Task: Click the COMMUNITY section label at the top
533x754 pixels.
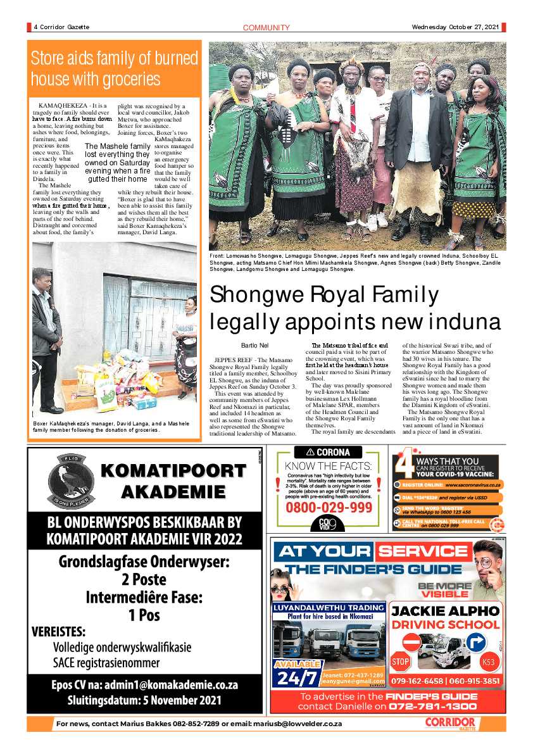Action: [x=266, y=27]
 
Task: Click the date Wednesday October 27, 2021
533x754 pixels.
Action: [x=455, y=27]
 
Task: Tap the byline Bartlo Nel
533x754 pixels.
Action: [x=254, y=345]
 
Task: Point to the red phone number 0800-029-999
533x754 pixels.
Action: [x=329, y=508]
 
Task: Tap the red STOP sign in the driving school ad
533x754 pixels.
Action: [x=400, y=662]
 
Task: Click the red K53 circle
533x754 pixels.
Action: [x=488, y=663]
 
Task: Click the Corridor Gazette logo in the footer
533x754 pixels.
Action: [x=449, y=723]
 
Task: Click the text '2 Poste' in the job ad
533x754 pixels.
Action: [x=144, y=579]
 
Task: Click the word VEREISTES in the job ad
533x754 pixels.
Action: [x=58, y=632]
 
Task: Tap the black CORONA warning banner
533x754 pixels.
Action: [x=328, y=453]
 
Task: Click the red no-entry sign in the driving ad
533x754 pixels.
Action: [x=411, y=641]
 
